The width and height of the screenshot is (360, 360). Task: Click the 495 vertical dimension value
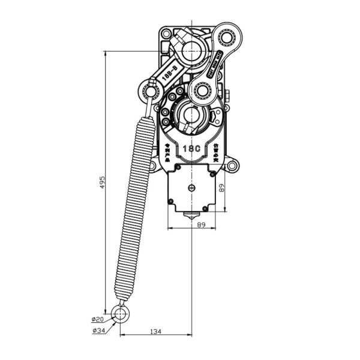point(102,181)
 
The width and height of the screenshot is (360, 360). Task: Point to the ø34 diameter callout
point(98,331)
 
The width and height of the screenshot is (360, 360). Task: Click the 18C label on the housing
point(191,148)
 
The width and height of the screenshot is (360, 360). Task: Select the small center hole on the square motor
point(191,188)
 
